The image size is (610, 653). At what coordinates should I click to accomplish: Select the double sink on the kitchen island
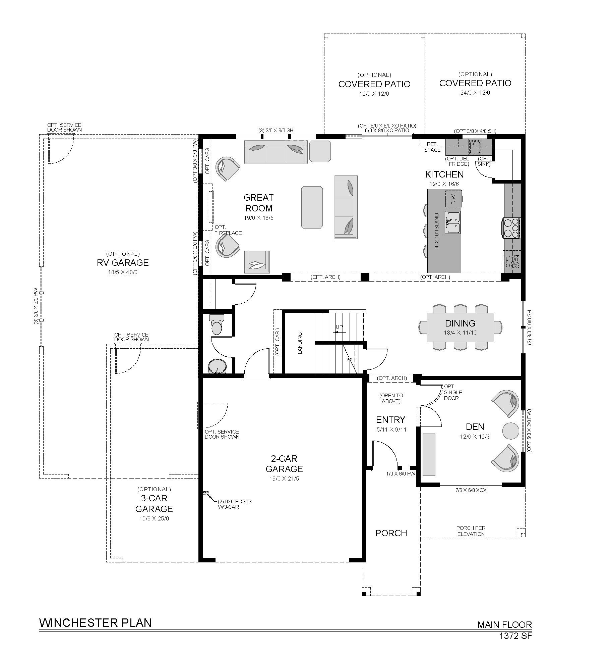click(x=452, y=222)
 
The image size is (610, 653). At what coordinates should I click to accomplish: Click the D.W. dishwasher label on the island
click(x=453, y=199)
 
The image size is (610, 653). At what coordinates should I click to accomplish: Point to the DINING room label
click(x=460, y=323)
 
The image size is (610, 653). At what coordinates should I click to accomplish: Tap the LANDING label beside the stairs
click(x=300, y=343)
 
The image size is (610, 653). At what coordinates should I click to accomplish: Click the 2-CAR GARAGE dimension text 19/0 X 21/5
click(x=284, y=479)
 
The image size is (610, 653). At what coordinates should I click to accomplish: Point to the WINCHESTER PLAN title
click(x=96, y=623)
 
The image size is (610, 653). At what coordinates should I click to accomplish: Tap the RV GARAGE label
click(x=123, y=262)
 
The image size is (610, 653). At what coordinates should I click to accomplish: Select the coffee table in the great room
click(x=312, y=207)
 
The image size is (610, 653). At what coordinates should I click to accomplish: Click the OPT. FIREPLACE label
click(x=228, y=230)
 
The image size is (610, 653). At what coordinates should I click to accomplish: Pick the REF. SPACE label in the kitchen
click(x=432, y=147)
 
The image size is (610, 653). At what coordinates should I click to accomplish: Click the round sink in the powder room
click(x=217, y=367)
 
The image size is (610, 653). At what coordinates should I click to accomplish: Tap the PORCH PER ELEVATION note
click(x=471, y=531)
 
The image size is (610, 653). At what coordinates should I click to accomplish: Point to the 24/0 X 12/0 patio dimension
click(x=475, y=93)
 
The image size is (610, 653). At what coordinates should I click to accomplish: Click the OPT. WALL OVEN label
click(x=512, y=262)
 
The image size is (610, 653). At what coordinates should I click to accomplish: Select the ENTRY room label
click(x=390, y=420)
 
